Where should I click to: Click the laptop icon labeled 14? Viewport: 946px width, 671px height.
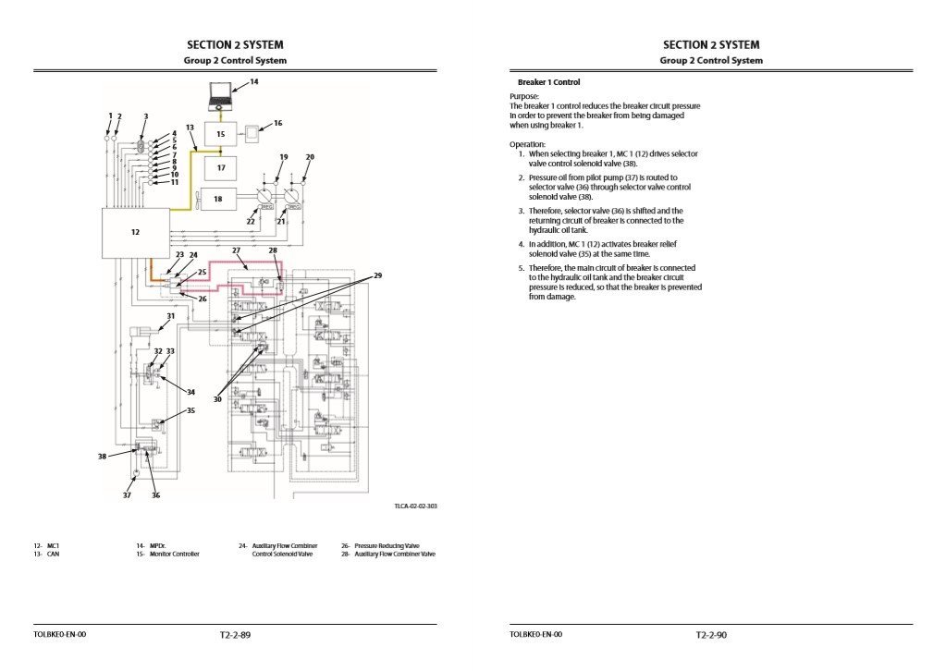tap(220, 94)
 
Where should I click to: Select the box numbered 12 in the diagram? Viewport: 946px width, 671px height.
tap(135, 232)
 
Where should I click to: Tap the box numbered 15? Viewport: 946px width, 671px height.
tap(221, 134)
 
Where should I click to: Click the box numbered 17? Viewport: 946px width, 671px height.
tap(221, 168)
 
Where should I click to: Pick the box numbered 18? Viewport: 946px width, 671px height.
tap(218, 199)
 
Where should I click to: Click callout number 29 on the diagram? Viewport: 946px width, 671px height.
tap(377, 276)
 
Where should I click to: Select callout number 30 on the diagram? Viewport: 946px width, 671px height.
tap(218, 399)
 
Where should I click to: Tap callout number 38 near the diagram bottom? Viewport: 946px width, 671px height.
tap(102, 457)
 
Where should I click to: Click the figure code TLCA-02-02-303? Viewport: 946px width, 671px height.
tap(415, 506)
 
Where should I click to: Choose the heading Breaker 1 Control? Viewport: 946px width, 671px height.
tap(548, 82)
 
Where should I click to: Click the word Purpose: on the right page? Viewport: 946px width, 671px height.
tap(523, 96)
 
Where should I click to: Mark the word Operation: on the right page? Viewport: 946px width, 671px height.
tap(527, 144)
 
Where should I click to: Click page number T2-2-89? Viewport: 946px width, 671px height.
tap(235, 635)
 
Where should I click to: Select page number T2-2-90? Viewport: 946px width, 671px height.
tap(711, 635)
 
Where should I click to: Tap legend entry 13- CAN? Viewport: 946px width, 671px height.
tap(46, 555)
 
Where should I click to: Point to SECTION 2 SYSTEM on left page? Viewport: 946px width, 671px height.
tap(235, 44)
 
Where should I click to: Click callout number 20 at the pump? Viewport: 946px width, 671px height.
tap(310, 157)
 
